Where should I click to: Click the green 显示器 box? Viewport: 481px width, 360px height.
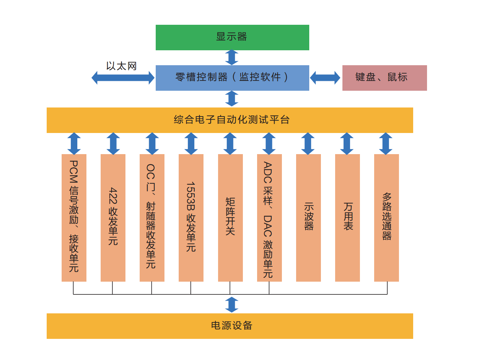coord(232,38)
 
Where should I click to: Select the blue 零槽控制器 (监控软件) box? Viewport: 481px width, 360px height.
coord(232,78)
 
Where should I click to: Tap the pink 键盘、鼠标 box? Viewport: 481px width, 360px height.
coord(384,78)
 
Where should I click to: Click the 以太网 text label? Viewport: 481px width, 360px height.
coord(121,66)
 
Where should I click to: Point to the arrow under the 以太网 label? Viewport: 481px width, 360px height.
coord(123,78)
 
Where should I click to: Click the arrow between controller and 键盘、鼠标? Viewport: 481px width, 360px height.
coord(325,78)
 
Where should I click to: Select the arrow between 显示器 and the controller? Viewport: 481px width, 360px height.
coord(232,57)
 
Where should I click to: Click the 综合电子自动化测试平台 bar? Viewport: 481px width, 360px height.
coord(230,120)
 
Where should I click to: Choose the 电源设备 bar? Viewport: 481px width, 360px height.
coord(230,326)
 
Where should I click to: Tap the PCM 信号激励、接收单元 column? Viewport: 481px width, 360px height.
coord(74,218)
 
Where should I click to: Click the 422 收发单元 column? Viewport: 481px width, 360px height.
coord(113,218)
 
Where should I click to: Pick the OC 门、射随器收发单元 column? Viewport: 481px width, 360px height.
coord(152,218)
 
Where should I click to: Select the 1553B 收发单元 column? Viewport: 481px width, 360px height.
coord(191,218)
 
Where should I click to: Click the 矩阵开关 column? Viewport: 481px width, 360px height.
coord(230,218)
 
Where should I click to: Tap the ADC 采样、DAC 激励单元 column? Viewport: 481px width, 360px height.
coord(269,218)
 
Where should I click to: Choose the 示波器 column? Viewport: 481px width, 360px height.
coord(309,218)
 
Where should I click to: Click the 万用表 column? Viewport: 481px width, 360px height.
coord(348,218)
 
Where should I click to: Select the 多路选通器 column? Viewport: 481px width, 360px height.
coord(387,218)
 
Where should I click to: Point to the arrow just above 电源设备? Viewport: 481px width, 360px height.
coord(232,305)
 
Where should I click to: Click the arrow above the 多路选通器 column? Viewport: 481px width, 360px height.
coord(385,144)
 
